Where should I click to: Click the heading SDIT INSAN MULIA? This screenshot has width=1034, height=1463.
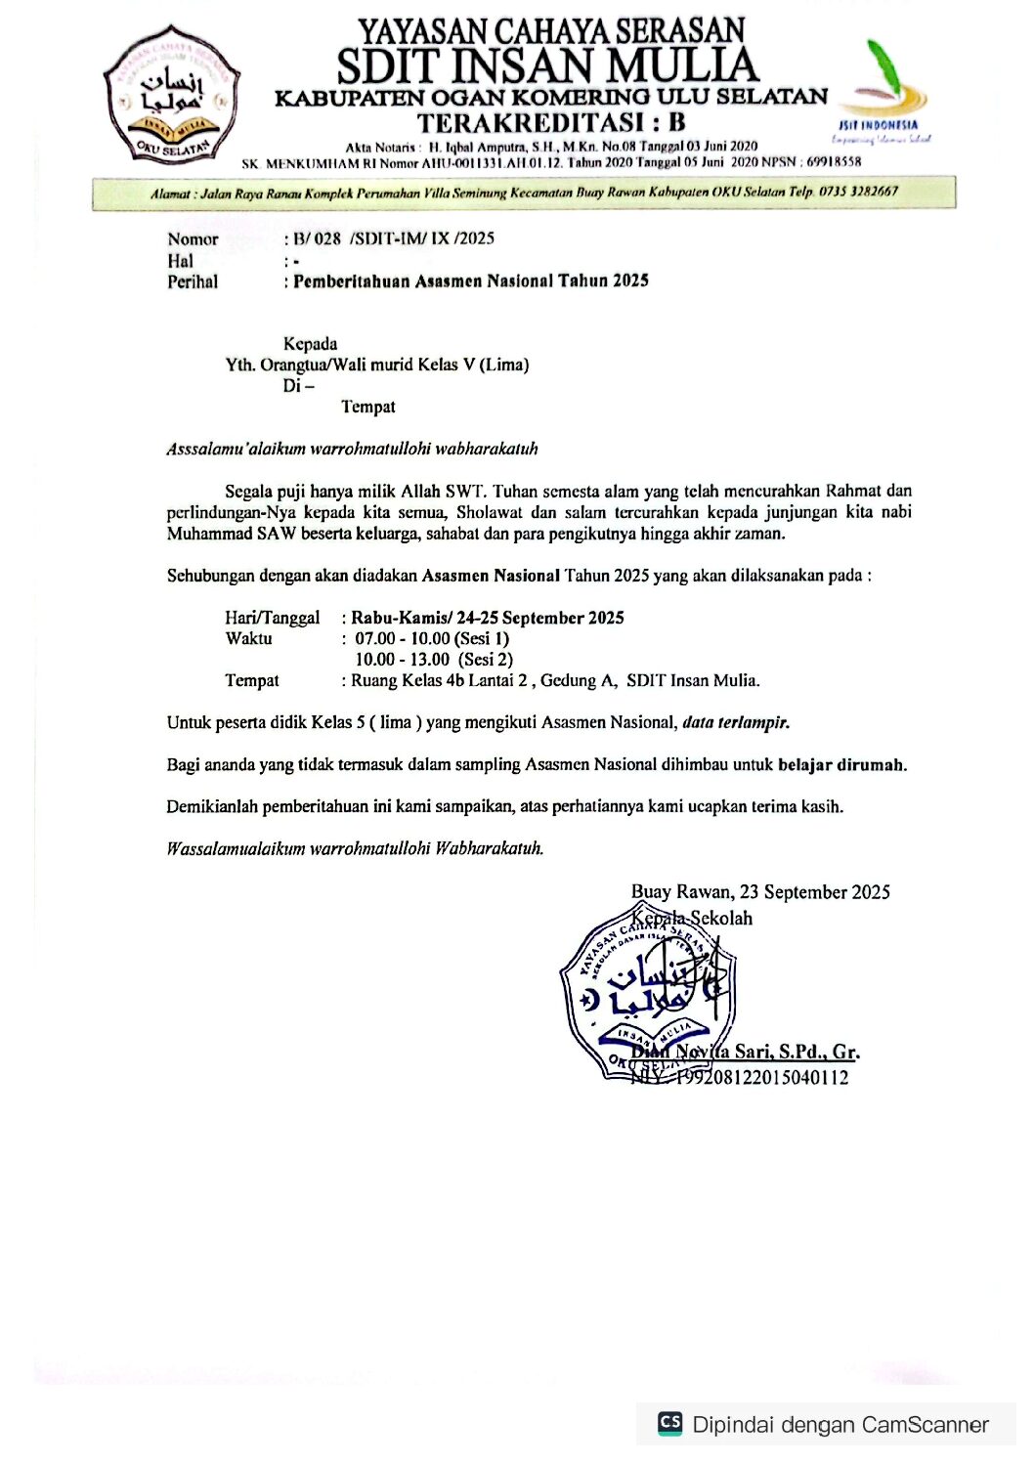click(x=547, y=66)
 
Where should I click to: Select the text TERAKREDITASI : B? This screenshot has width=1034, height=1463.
click(x=551, y=123)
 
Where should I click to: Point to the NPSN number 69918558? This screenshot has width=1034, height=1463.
click(x=835, y=162)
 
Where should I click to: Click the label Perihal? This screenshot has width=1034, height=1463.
click(x=193, y=281)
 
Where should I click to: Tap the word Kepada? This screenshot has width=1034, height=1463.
click(x=310, y=344)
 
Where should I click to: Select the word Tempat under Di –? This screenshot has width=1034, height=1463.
click(x=368, y=407)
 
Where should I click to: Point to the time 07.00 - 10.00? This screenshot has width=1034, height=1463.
click(x=402, y=638)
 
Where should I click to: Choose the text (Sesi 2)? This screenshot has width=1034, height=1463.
click(x=486, y=660)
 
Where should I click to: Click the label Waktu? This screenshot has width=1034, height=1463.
click(x=248, y=638)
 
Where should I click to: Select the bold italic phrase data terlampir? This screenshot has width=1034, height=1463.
click(x=736, y=723)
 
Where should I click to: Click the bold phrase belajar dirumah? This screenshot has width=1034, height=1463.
click(x=841, y=765)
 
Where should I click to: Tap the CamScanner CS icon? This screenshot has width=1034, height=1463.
click(x=670, y=1423)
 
